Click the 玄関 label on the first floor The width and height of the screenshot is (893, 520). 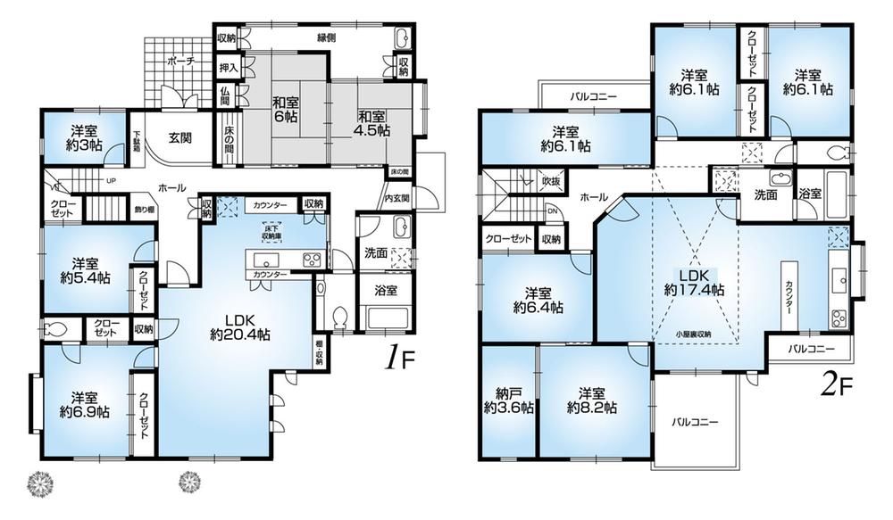tap(182, 137)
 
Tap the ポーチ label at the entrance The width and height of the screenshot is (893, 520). tap(182, 62)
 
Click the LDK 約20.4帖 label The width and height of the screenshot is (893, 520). tap(240, 326)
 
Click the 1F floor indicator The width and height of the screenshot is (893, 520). tap(399, 359)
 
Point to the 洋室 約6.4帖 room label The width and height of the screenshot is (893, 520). tap(538, 300)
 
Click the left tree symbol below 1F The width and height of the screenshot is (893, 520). tap(42, 481)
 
